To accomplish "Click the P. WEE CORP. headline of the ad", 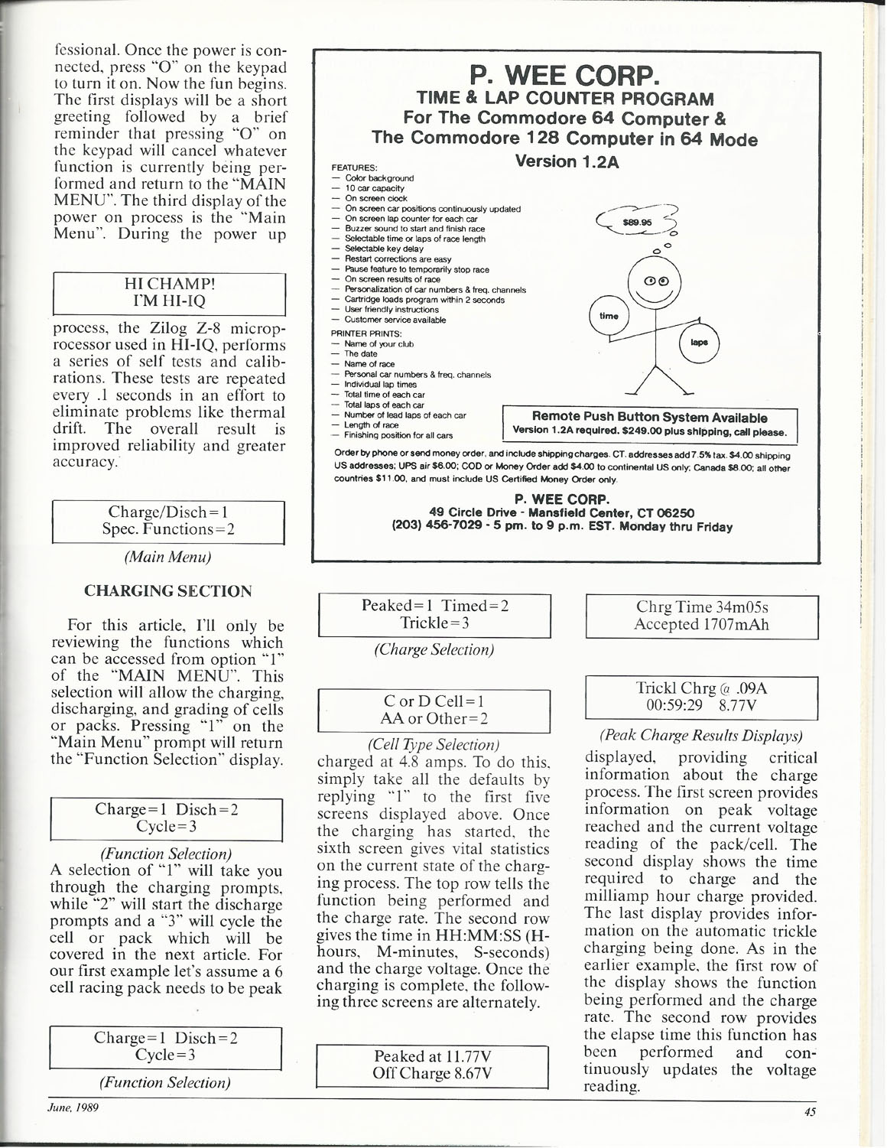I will (x=564, y=76).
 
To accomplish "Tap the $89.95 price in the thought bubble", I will (x=631, y=222).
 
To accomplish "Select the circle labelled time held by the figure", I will (x=609, y=315).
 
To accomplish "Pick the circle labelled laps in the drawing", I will (x=699, y=343).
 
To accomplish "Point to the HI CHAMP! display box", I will (x=168, y=293).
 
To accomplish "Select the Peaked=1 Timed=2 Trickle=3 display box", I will (x=434, y=614).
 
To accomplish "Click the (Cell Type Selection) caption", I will (x=434, y=744).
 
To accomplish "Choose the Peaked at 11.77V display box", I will (x=433, y=1065).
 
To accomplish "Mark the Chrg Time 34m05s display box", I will (x=701, y=616).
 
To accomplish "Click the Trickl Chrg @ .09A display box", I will (x=701, y=697).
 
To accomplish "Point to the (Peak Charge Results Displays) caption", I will (x=701, y=736).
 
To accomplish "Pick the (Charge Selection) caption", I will (x=434, y=649).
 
